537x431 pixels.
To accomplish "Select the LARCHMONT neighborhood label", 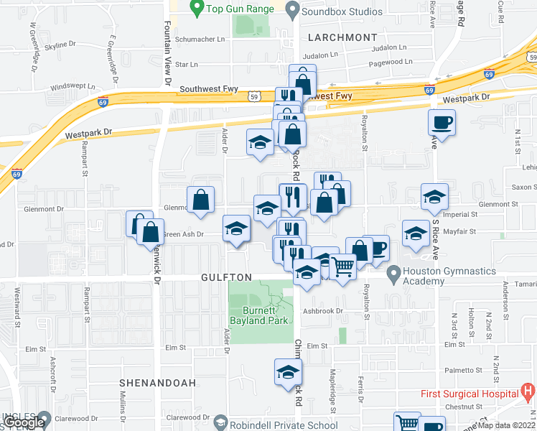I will point(342,37).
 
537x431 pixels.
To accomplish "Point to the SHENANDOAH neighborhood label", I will point(157,383).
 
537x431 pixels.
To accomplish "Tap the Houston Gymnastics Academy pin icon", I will point(393,273).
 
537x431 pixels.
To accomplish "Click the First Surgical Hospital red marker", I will point(528,392).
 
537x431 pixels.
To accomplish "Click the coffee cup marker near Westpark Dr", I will point(442,122).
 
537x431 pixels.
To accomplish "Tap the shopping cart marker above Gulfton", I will point(343,267).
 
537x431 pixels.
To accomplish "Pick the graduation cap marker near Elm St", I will point(288,372).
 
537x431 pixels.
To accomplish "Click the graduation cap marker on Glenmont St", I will point(434,198).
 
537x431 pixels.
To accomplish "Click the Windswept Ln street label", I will point(73,88).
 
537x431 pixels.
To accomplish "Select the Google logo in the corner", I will point(24,423).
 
